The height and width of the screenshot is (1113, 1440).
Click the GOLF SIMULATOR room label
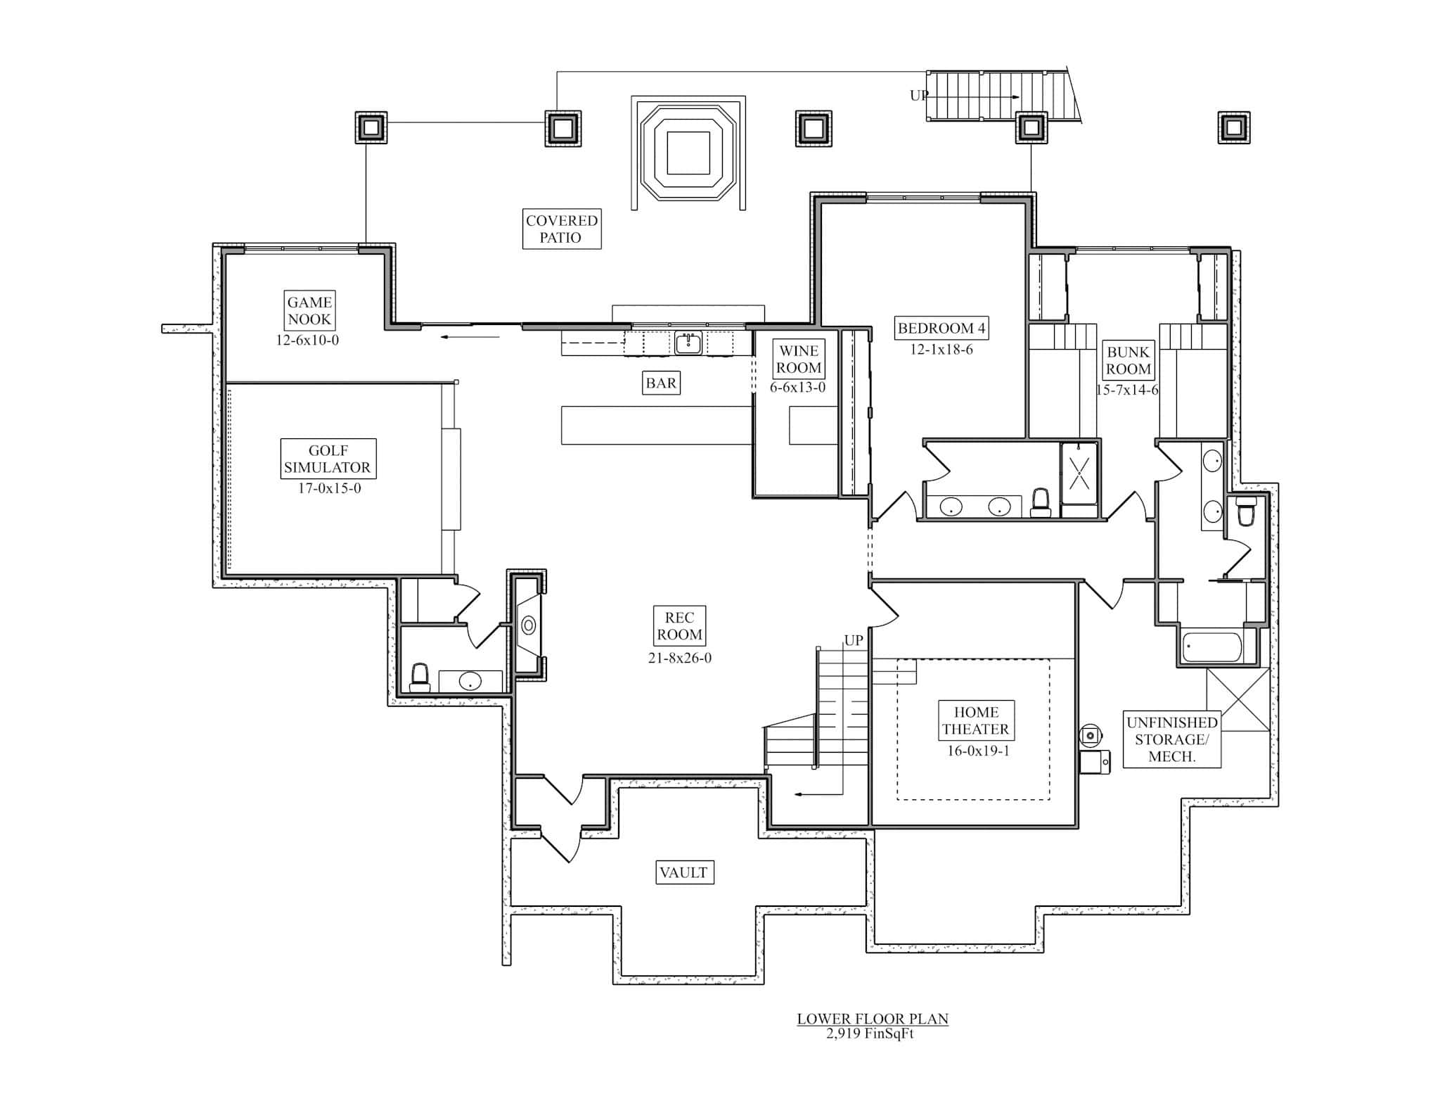[328, 459]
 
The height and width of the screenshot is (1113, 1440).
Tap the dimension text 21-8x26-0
[679, 659]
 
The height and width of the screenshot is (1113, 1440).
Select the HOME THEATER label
[976, 720]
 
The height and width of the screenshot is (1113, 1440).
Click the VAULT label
[683, 872]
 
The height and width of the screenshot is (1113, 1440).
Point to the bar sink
[688, 343]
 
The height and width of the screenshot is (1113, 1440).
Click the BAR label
[661, 383]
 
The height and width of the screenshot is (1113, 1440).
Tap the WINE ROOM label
[798, 360]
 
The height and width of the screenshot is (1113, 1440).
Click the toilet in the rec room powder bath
[420, 677]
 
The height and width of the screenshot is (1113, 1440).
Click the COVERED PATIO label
[561, 229]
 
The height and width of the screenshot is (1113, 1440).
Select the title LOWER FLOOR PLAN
[872, 1019]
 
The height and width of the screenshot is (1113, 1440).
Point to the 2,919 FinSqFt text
[870, 1034]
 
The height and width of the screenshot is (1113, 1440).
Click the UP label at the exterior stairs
[918, 96]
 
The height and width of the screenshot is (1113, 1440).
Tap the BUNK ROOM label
[1128, 360]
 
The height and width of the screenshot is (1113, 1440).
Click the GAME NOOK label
[309, 310]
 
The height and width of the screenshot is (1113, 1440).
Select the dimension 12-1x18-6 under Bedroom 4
[941, 350]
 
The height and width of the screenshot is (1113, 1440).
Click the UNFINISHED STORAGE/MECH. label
[1171, 739]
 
